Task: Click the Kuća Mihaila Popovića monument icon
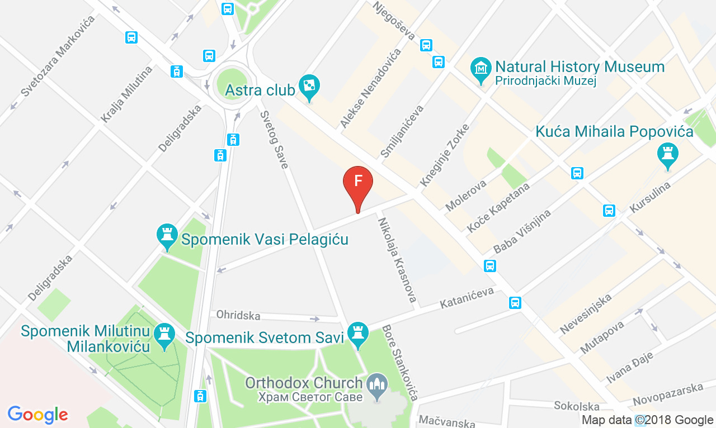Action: (667, 155)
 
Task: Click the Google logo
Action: (37, 415)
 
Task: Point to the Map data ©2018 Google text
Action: (647, 420)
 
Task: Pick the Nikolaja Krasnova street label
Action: (398, 259)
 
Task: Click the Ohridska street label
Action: (238, 315)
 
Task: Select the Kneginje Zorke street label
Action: (444, 155)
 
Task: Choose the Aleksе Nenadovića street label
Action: (371, 88)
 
